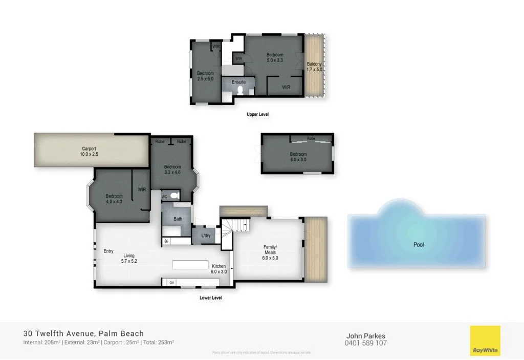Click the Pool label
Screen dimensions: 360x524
click(x=419, y=245)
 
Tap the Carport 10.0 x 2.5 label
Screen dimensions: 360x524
click(x=89, y=152)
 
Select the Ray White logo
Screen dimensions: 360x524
click(x=485, y=341)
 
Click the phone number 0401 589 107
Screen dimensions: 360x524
click(x=366, y=343)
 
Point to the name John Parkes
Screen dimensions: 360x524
click(x=366, y=336)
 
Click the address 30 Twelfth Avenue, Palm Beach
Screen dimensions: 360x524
click(x=84, y=333)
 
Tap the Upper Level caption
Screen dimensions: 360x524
click(x=257, y=115)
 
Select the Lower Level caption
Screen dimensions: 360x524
click(x=210, y=298)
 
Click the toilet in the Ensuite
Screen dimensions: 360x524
click(x=239, y=90)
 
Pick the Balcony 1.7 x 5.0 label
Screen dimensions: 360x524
click(x=314, y=67)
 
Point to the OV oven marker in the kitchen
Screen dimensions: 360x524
click(x=172, y=282)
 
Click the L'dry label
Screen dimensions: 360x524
click(x=206, y=236)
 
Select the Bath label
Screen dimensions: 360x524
click(x=178, y=219)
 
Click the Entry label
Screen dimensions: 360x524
click(x=108, y=251)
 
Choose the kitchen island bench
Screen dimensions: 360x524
click(x=190, y=265)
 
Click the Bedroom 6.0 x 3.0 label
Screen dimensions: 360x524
click(x=298, y=157)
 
